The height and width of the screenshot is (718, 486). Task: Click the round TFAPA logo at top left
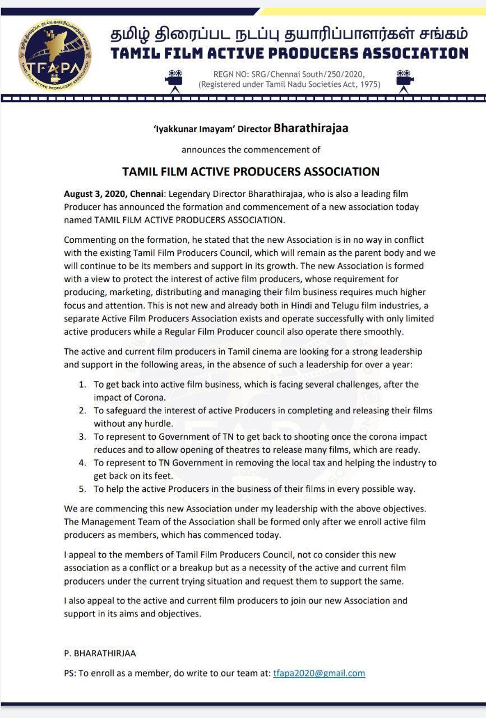[x=55, y=54]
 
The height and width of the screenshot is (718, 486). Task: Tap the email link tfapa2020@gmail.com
[x=319, y=673]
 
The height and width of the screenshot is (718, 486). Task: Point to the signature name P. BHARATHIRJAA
[x=100, y=653]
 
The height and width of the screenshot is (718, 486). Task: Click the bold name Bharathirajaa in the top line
[x=311, y=128]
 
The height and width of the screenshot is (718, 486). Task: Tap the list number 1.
[x=82, y=385]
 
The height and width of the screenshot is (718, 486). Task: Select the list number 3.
[x=82, y=436]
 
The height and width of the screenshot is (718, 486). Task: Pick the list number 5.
[x=82, y=489]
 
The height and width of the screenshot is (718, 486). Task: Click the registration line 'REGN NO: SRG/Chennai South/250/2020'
[x=289, y=74]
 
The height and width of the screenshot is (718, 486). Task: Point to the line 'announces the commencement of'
[x=251, y=150]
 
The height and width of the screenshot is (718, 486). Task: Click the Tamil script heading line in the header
[x=289, y=34]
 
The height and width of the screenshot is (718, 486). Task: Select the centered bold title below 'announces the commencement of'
[x=251, y=172]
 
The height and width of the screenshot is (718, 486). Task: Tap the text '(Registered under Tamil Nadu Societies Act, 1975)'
[x=289, y=85]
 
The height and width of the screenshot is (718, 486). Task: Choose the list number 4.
[x=82, y=463]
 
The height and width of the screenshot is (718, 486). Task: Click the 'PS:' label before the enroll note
[x=70, y=674]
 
